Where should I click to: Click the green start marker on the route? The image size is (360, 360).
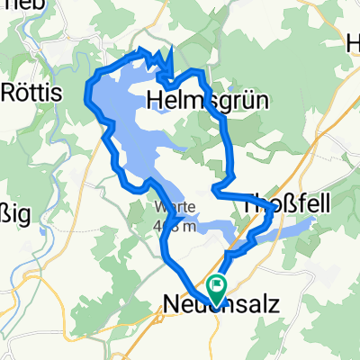coord(217,287)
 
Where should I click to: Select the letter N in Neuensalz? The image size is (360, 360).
coord(172,307)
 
